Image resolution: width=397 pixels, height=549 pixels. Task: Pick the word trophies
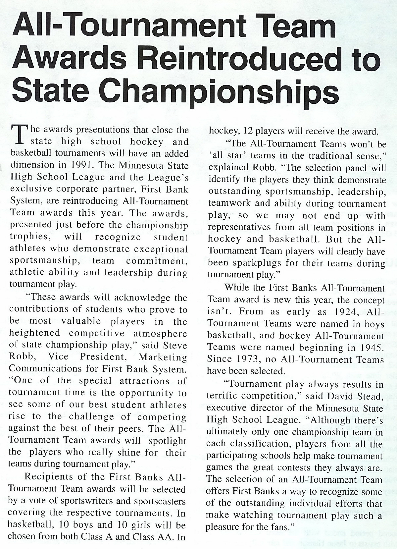coord(29,238)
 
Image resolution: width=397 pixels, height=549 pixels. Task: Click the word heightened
coord(35,333)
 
